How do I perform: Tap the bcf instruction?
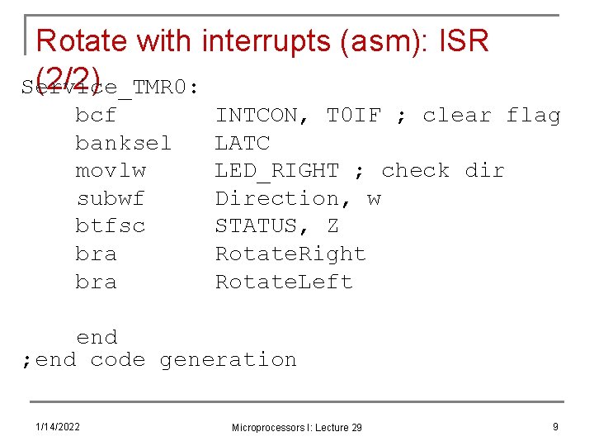[96, 115]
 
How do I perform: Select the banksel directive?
[124, 143]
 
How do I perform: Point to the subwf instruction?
[110, 198]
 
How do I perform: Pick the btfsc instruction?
[110, 225]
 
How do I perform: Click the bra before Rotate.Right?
[96, 254]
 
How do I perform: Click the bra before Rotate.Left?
[96, 282]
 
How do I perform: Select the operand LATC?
[243, 143]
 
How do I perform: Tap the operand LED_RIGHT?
[277, 170]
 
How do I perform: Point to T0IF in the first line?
[353, 115]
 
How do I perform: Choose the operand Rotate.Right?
[290, 254]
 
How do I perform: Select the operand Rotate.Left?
[284, 282]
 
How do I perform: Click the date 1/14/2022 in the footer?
[58, 426]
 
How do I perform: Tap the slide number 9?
[555, 426]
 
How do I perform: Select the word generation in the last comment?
[228, 359]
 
